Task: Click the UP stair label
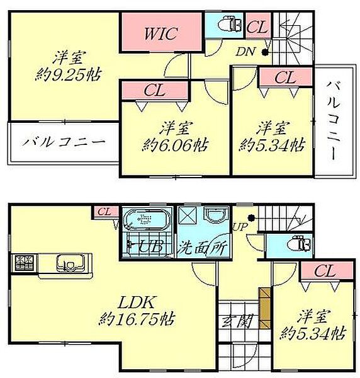coord(239,226)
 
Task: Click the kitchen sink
coord(65,261)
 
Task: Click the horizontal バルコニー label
coord(61,142)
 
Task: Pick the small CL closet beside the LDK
coord(105,212)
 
